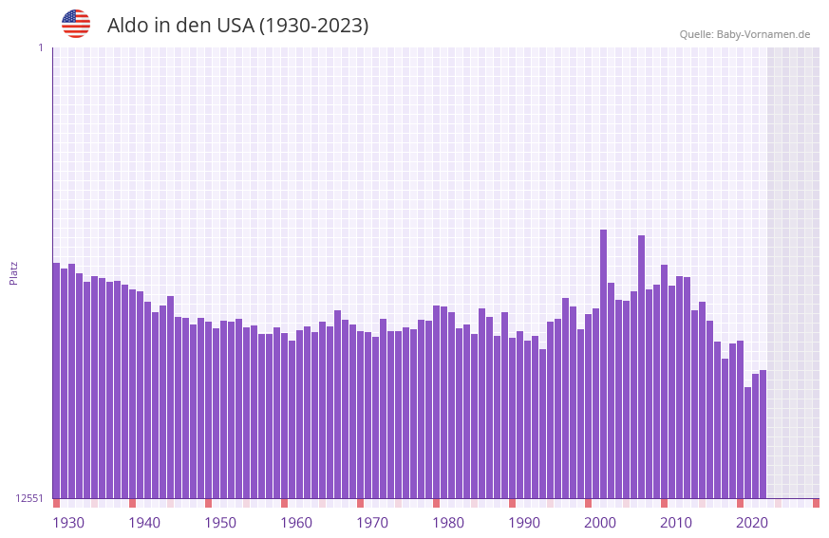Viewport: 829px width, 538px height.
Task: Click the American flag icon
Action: [x=76, y=24]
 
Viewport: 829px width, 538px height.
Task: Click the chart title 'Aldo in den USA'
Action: [x=237, y=26]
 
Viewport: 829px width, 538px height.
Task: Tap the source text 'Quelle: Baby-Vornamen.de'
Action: [x=744, y=34]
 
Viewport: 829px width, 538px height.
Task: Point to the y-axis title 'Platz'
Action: [x=13, y=272]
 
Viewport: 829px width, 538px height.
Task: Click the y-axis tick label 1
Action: [x=40, y=47]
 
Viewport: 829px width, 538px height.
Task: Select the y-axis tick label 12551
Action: [x=30, y=498]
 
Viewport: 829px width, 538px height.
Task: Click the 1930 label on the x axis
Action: [x=68, y=523]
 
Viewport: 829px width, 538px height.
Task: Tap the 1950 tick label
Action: [x=220, y=523]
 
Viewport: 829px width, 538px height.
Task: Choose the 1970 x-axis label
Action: [x=372, y=523]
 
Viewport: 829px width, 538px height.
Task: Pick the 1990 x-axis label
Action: [x=524, y=523]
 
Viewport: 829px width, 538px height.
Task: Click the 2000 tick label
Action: [x=600, y=523]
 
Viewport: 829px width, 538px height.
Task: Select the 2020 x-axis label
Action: [x=752, y=523]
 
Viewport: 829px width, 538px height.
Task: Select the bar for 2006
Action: [x=641, y=366]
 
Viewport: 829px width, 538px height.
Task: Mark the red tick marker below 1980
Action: [x=436, y=503]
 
